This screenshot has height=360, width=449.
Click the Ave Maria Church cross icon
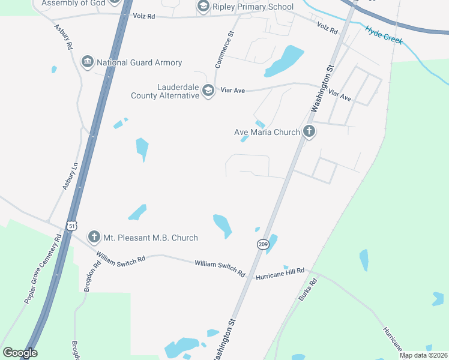309,131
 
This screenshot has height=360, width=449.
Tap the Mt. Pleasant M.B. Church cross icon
94,237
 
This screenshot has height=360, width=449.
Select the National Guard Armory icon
88,62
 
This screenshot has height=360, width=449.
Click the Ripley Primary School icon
203,7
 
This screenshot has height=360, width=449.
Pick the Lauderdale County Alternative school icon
208,91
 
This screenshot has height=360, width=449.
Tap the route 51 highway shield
71,225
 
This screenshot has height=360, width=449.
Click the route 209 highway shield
263,244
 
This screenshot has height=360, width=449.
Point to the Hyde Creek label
384,34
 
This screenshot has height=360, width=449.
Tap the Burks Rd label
307,290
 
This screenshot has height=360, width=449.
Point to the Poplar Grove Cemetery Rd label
43,268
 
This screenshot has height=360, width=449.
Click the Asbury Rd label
63,37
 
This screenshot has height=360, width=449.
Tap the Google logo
20,353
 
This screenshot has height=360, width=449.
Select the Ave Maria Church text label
267,132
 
